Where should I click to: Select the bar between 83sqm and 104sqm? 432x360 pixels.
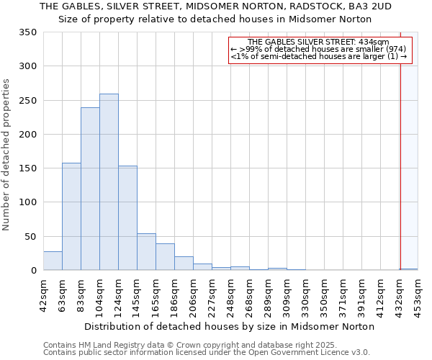[90, 189]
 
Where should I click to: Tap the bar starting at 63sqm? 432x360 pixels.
[71, 217]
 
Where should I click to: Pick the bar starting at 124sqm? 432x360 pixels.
[127, 218]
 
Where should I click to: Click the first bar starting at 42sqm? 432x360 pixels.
[53, 261]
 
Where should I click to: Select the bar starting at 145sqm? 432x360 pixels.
[146, 252]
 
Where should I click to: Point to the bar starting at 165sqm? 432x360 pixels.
[165, 257]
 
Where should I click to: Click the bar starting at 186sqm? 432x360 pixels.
[184, 264]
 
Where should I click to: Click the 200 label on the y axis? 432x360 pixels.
[28, 135]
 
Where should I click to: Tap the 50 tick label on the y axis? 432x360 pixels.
[31, 237]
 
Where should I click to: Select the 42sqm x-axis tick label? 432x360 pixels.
[44, 295]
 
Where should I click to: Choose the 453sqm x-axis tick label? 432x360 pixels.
[418, 295]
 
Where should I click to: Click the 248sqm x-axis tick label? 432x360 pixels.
[231, 295]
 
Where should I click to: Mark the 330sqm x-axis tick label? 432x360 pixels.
[306, 295]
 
